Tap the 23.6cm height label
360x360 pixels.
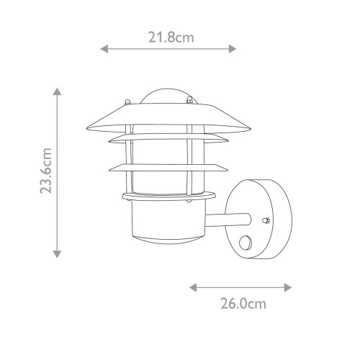click(47, 172)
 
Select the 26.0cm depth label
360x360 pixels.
click(241, 304)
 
